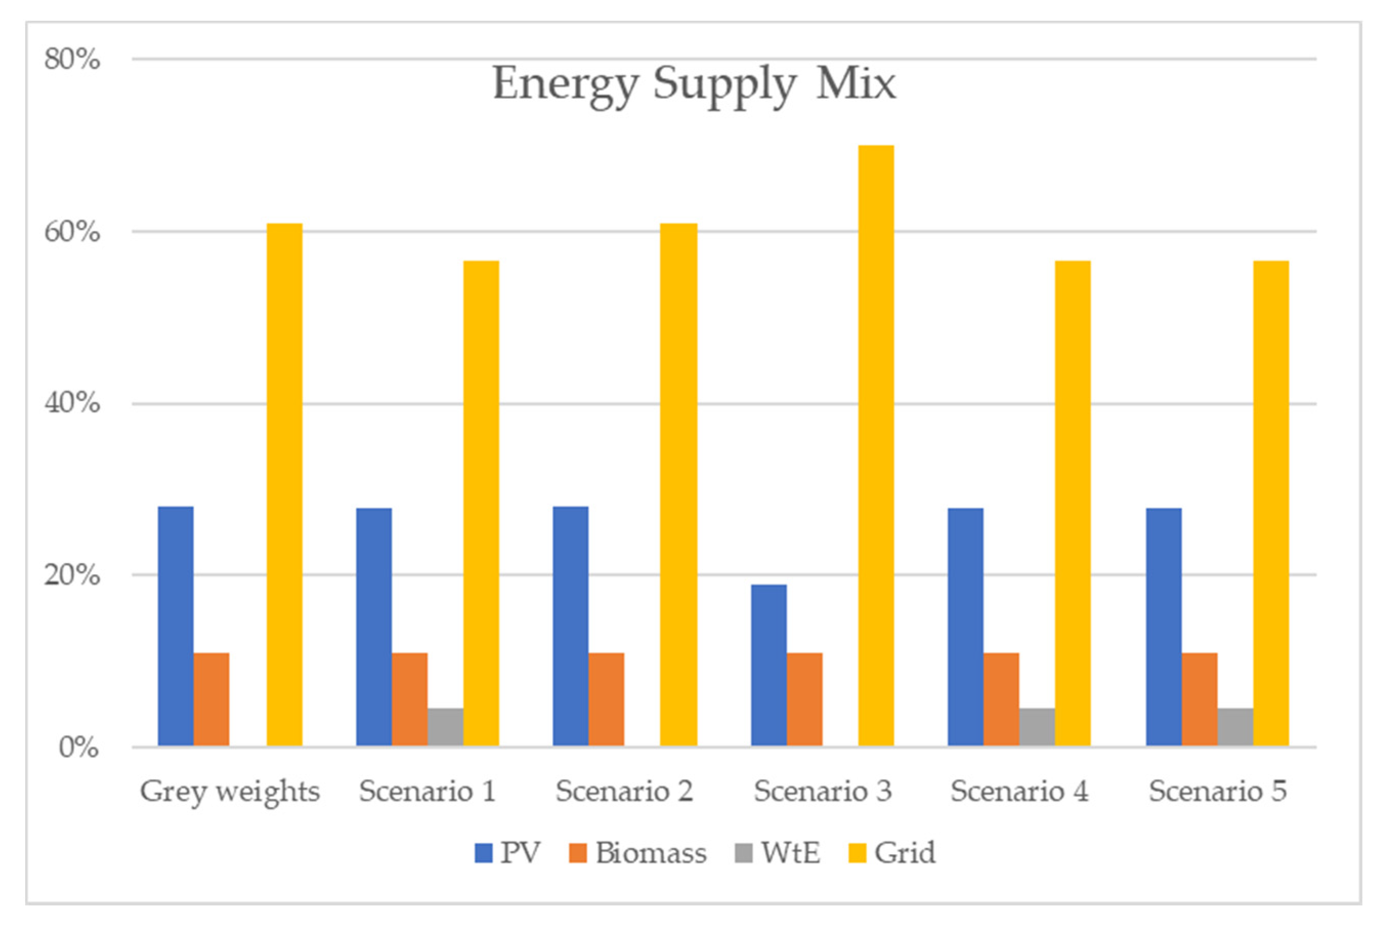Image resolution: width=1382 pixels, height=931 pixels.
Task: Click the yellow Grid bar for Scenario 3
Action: [876, 445]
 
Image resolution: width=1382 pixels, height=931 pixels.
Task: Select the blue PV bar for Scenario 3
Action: [769, 665]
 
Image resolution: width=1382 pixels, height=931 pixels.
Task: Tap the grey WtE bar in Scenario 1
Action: [445, 727]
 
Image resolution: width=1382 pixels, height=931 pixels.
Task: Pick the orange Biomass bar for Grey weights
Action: [211, 700]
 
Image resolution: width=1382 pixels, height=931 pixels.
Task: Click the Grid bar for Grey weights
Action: [285, 484]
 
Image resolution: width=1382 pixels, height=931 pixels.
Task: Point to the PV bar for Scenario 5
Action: [1163, 626]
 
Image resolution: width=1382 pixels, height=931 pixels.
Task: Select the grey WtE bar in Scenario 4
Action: [1036, 727]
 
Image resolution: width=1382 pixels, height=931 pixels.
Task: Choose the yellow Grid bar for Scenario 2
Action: [679, 484]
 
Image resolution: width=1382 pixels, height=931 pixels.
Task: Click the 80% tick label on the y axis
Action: [72, 59]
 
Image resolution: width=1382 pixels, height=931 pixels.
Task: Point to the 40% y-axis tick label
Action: [72, 403]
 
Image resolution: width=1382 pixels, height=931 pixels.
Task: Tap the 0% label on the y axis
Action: [78, 747]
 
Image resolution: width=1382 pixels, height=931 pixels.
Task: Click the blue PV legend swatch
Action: [484, 853]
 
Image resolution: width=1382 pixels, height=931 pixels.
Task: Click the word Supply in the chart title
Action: [724, 84]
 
